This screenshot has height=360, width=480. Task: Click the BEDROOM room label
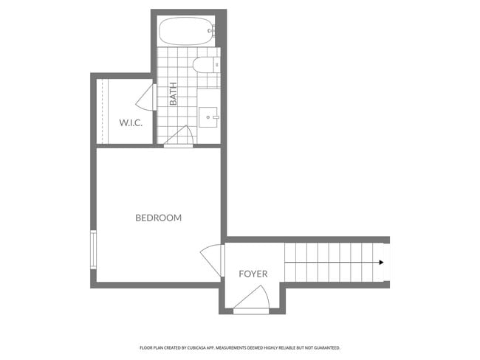[x=158, y=218]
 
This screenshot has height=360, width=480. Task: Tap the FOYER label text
[x=253, y=274]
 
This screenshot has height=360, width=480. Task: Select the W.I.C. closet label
[x=131, y=122]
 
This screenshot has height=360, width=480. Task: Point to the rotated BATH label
[x=173, y=94]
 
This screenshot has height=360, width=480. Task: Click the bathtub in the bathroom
[x=185, y=32]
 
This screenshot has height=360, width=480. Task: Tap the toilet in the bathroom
[x=205, y=66]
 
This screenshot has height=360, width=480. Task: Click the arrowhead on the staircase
[x=380, y=263]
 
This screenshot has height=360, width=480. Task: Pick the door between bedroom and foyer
[x=213, y=260]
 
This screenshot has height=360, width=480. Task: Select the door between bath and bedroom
[x=179, y=137]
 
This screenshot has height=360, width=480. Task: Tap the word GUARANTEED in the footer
[x=326, y=347]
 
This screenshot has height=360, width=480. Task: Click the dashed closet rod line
[x=102, y=111]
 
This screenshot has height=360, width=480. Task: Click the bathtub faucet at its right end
[x=212, y=31]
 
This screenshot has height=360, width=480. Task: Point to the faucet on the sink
[x=215, y=117]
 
